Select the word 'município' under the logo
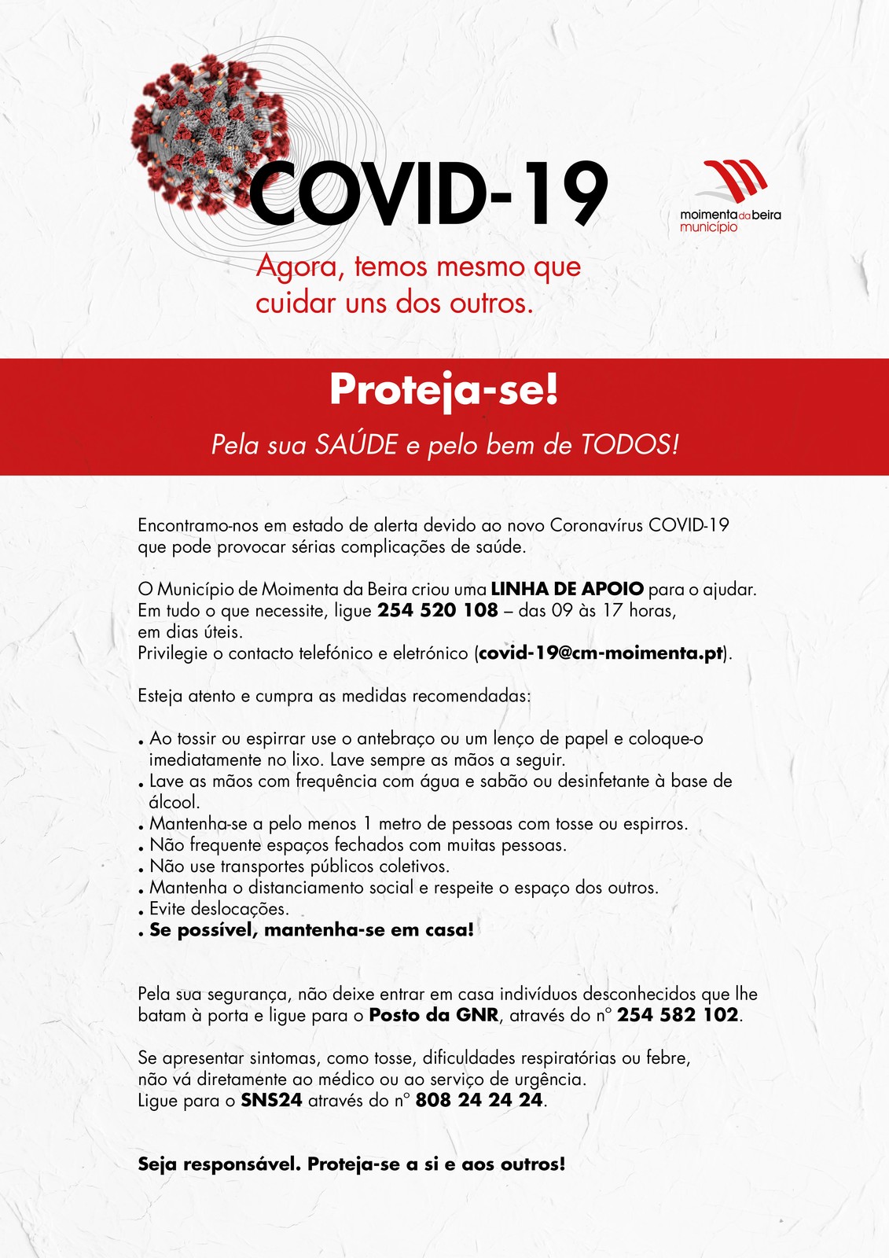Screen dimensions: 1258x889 coord(708,227)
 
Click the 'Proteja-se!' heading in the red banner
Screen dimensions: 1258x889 coord(444,390)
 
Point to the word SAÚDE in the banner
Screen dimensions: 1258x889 coord(356,445)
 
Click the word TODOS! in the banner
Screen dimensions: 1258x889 coord(629,445)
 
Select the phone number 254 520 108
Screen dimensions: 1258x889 coord(438,610)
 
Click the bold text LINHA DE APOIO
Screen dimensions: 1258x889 coord(567,589)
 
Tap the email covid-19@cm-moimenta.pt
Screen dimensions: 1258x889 coord(601,653)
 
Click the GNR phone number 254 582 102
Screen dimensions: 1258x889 coord(678,1015)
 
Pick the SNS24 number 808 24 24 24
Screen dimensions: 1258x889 coord(479,1100)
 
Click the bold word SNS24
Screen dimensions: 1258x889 coord(271,1100)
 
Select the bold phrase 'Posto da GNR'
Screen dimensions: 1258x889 coord(434,1015)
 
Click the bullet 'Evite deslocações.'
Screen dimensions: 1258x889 coord(219,909)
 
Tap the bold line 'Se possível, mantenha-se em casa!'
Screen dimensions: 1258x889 coord(312,930)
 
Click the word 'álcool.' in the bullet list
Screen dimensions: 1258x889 coord(174,803)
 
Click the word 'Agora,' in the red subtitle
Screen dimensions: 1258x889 coord(301,267)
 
